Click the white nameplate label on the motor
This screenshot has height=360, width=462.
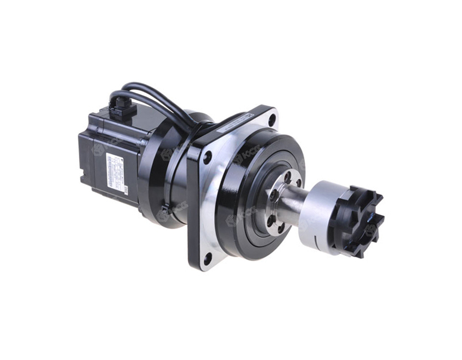click(x=115, y=171)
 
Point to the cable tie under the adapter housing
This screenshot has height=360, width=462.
click(x=164, y=211)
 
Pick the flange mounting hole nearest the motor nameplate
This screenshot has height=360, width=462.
click(x=207, y=158)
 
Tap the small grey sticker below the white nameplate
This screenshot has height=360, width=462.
click(x=125, y=190)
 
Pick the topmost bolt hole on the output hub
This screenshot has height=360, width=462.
click(x=287, y=176)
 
